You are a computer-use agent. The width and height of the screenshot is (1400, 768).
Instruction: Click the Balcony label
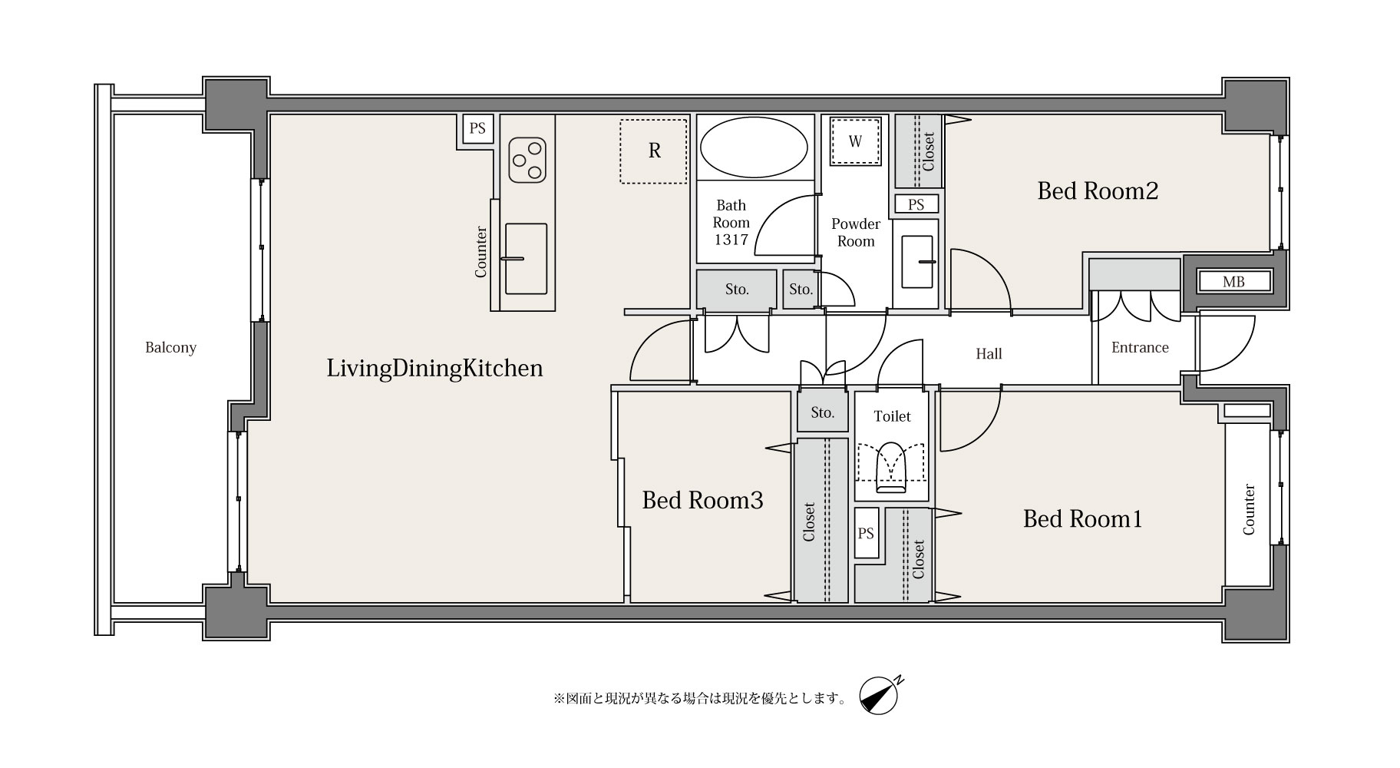click(x=170, y=348)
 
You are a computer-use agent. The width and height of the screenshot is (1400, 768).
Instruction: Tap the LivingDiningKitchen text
click(x=434, y=369)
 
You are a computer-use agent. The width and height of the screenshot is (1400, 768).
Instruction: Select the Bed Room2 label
click(x=1098, y=191)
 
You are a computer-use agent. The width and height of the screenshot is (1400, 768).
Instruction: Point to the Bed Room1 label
click(x=1082, y=519)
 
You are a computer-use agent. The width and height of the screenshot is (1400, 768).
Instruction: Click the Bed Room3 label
click(x=702, y=501)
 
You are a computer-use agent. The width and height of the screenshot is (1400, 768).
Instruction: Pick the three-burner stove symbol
click(x=527, y=160)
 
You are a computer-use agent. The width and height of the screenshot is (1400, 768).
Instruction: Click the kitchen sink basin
click(x=526, y=259)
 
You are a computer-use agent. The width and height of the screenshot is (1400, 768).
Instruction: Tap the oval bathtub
click(x=754, y=147)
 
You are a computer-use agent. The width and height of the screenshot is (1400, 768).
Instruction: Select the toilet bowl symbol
click(x=891, y=468)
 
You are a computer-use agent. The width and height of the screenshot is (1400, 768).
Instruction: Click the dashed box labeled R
click(x=653, y=151)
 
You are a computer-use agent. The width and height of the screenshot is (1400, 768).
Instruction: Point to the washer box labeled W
click(x=855, y=141)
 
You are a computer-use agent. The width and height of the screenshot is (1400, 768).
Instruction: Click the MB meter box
click(x=1233, y=282)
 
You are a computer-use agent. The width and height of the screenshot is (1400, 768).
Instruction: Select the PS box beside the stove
click(x=477, y=128)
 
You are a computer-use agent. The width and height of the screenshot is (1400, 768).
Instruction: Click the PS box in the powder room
click(x=916, y=204)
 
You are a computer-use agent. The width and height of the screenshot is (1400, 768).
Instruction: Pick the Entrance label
click(x=1140, y=348)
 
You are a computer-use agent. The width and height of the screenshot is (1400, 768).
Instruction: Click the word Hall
click(x=989, y=354)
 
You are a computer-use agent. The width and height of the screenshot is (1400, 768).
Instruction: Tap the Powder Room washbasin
click(x=916, y=263)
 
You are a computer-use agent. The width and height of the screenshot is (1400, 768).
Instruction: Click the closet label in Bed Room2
click(x=929, y=152)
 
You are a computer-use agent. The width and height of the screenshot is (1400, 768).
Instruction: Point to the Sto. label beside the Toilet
click(x=822, y=412)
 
